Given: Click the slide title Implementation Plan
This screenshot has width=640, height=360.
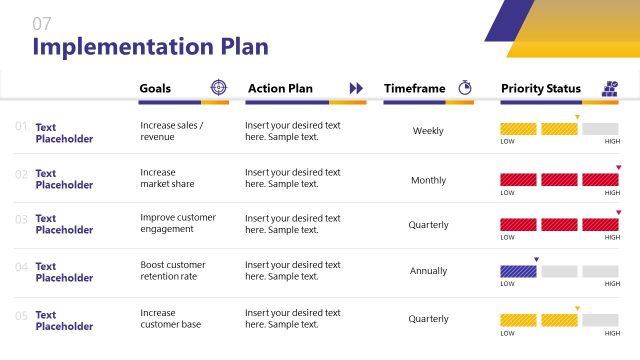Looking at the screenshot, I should (150, 46).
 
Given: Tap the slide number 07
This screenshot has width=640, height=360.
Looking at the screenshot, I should (42, 23).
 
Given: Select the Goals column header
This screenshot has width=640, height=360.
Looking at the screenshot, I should (162, 88).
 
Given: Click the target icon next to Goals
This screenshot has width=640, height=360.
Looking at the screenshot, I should (218, 88).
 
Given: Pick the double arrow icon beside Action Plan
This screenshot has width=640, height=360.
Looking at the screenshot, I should (356, 88).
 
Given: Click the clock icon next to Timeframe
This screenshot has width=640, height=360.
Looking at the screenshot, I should (465, 88).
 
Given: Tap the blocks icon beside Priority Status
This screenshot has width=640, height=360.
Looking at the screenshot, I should (609, 88).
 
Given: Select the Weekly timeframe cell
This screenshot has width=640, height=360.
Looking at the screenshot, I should (428, 131).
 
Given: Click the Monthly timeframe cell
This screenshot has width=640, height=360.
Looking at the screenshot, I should (428, 181).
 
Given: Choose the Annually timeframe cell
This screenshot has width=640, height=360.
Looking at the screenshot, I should (428, 271).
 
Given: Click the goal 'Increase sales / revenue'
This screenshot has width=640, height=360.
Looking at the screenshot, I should (172, 131).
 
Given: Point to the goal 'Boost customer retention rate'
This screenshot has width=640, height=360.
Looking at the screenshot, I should (173, 271).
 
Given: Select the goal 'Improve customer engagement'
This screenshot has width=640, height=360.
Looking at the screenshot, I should (178, 223).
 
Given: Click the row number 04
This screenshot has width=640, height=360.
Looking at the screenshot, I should (21, 267).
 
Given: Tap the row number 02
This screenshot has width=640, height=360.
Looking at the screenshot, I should (21, 174).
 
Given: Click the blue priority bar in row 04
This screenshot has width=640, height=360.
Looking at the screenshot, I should (518, 271).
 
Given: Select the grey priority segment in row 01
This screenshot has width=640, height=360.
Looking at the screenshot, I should (600, 129).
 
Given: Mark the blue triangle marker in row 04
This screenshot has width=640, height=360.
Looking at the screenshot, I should (536, 260).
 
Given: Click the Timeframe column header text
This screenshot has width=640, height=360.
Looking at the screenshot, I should (414, 88).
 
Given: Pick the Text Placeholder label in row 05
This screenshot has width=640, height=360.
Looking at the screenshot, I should (64, 320).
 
